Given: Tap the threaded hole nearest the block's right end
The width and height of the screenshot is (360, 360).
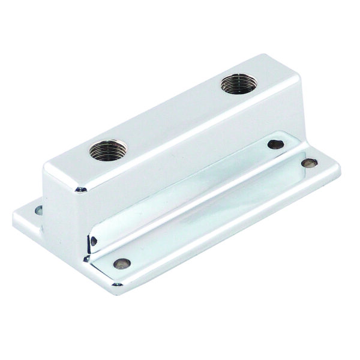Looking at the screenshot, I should (x=235, y=83).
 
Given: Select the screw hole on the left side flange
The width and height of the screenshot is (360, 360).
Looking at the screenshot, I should (x=39, y=210).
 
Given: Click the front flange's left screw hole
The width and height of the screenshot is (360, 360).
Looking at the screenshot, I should (x=121, y=263).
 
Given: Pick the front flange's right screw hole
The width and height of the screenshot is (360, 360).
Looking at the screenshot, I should (x=309, y=163).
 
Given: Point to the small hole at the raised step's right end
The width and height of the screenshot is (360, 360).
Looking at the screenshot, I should (x=275, y=144).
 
